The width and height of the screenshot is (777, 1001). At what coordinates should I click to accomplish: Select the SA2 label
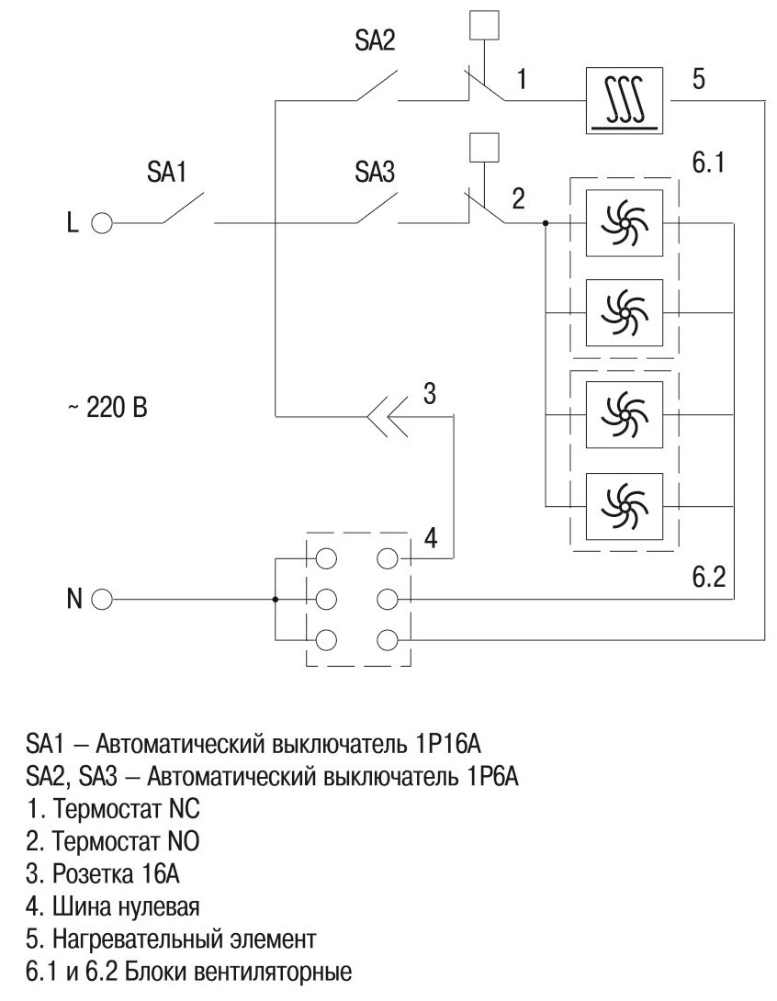click(374, 44)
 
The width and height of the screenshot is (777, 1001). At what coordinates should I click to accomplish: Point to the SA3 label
click(374, 174)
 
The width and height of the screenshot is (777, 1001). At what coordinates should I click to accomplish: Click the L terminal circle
click(102, 223)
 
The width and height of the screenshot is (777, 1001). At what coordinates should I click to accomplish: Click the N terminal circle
click(102, 600)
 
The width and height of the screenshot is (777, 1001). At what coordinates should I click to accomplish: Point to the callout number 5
click(698, 79)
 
